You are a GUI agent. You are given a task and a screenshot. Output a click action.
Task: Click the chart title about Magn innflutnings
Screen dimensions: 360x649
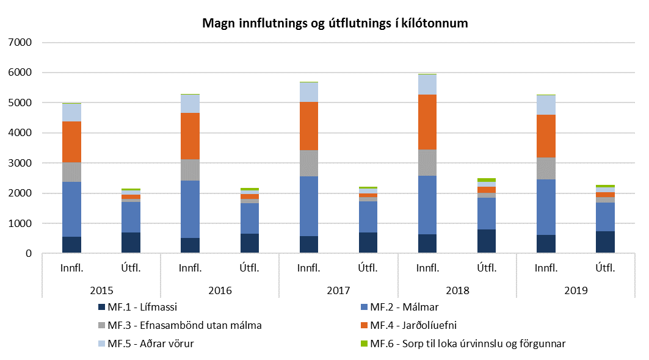pyautogui.click(x=335, y=24)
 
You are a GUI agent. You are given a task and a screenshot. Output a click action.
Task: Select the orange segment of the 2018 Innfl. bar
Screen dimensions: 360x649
pyautogui.click(x=427, y=122)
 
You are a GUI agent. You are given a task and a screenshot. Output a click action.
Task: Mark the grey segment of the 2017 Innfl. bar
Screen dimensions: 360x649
pyautogui.click(x=308, y=163)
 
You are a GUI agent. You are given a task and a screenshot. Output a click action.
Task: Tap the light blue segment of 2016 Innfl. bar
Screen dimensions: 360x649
pyautogui.click(x=190, y=104)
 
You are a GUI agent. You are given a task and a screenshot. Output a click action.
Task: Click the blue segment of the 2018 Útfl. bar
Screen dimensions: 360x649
pyautogui.click(x=487, y=214)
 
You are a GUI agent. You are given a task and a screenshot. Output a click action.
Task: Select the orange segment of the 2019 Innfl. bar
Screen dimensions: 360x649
pyautogui.click(x=546, y=135)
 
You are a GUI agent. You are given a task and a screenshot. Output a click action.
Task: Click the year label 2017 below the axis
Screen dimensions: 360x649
pyautogui.click(x=338, y=290)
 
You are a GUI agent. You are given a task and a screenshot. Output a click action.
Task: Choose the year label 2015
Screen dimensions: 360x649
pyautogui.click(x=101, y=290)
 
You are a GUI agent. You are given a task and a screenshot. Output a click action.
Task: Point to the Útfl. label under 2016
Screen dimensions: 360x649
pyautogui.click(x=249, y=267)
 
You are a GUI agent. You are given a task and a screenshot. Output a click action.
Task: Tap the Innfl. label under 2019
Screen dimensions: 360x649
pyautogui.click(x=546, y=267)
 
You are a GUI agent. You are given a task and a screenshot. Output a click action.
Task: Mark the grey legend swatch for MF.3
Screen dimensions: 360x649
pyautogui.click(x=101, y=325)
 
